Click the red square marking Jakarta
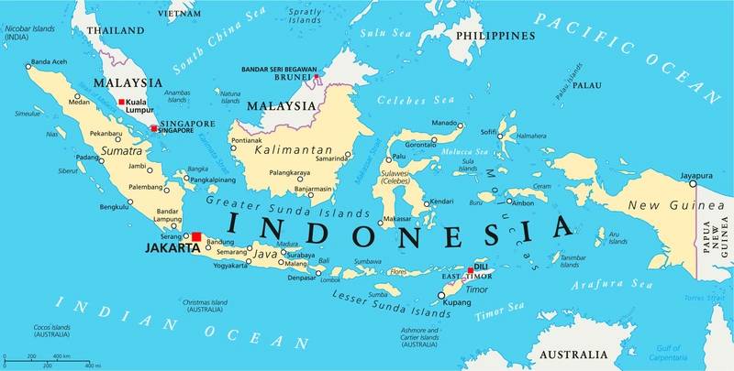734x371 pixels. [x=196, y=236]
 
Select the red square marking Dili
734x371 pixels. [x=472, y=270]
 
